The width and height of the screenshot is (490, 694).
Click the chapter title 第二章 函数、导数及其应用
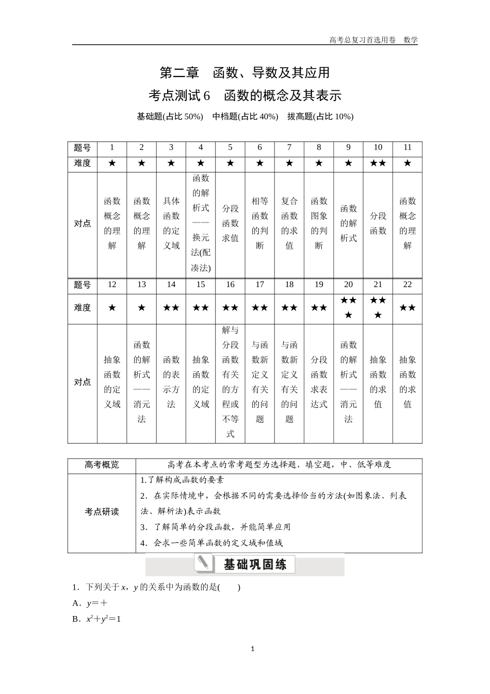(244, 73)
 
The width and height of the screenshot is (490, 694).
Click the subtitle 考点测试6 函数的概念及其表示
(244, 96)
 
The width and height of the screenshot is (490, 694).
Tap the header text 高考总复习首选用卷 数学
(373, 40)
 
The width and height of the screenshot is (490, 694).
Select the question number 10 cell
(378, 148)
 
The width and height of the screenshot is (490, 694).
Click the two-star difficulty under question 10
(378, 163)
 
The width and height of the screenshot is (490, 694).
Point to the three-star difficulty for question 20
(349, 307)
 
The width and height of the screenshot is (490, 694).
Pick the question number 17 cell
(260, 285)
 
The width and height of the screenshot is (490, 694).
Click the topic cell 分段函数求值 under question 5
(231, 223)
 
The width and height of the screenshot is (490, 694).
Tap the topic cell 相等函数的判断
(260, 223)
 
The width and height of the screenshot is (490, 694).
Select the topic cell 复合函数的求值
(289, 223)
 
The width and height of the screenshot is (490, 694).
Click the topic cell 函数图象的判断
(319, 223)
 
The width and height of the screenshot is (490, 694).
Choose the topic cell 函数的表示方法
(171, 382)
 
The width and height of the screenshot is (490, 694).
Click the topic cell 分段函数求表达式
(319, 382)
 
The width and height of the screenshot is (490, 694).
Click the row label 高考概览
(102, 465)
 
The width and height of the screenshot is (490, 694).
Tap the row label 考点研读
(102, 512)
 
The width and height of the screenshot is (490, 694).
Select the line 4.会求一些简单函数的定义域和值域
(211, 543)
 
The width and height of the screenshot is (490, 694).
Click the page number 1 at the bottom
(252, 649)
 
